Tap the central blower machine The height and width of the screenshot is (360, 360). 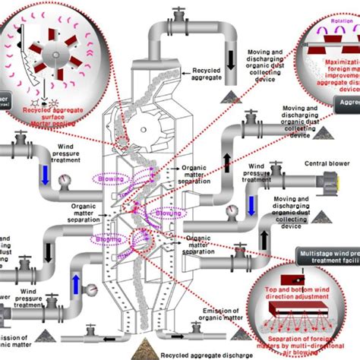click(x=339, y=182)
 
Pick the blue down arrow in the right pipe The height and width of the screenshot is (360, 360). click(x=251, y=205)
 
